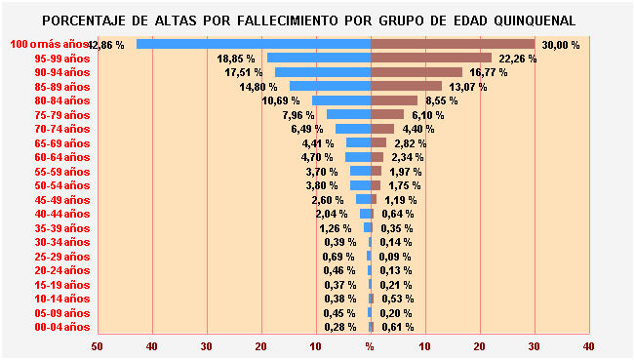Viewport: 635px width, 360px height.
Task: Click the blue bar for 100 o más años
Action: (x=254, y=44)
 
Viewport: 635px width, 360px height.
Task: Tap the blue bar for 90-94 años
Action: (x=323, y=72)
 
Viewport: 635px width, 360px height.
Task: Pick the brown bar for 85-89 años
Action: (x=406, y=86)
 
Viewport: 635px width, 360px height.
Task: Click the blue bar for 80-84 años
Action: (x=341, y=100)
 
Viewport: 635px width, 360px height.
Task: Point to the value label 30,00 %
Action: (x=561, y=45)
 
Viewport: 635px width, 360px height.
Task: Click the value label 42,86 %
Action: (x=106, y=45)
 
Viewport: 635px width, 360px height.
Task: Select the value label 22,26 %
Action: (x=518, y=59)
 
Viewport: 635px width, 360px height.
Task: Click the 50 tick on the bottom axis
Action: (x=97, y=345)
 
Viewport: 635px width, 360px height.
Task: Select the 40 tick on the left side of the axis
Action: (x=151, y=345)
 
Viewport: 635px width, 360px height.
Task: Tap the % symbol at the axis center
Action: (x=370, y=345)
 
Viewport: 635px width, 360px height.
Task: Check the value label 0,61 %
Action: (x=397, y=327)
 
